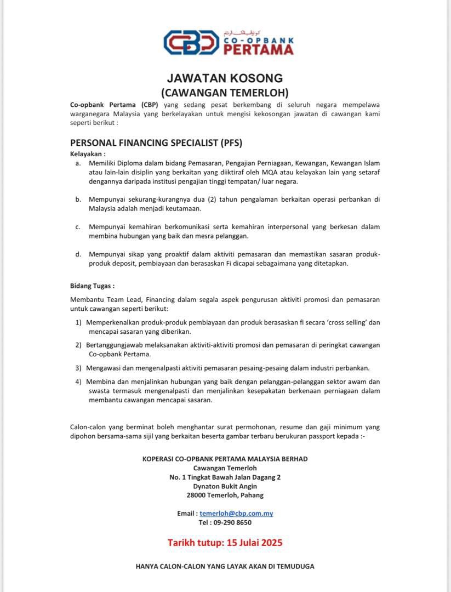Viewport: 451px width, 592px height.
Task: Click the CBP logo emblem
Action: tap(191, 43)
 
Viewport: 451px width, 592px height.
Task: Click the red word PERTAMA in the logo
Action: tap(258, 49)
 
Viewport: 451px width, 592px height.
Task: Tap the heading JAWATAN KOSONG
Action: tap(225, 78)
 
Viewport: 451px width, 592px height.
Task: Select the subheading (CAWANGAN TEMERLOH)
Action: tap(225, 93)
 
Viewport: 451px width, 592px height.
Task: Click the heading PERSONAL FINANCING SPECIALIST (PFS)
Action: tap(156, 143)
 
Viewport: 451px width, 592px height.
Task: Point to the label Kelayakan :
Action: tap(88, 154)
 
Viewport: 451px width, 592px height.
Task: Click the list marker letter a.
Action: tap(78, 163)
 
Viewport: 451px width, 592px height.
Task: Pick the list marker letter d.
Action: tap(78, 254)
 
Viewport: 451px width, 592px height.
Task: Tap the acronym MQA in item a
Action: tap(286, 172)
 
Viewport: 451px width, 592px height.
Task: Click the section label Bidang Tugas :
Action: tap(92, 286)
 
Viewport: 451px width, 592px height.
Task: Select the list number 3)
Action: tap(78, 368)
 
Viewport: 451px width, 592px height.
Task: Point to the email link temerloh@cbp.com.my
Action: tap(236, 514)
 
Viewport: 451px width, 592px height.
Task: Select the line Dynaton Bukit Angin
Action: tap(225, 486)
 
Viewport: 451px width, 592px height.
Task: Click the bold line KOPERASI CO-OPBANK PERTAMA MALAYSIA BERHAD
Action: tap(225, 459)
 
